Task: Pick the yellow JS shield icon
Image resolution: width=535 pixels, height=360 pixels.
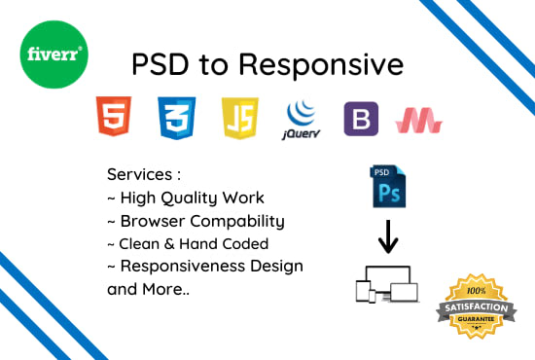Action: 239,117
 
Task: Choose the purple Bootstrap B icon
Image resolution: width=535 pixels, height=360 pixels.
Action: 360,118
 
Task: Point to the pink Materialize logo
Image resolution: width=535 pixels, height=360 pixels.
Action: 419,119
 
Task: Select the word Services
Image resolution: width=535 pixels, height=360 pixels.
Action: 141,175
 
